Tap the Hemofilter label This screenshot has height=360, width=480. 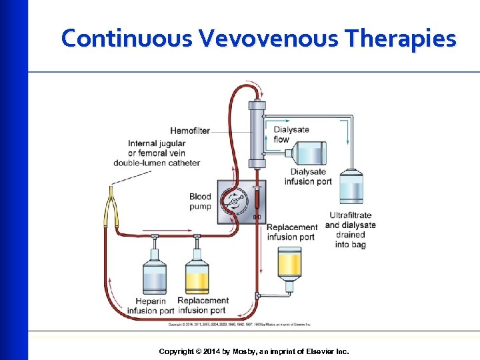point(189,131)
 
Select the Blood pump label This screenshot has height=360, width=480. point(200,201)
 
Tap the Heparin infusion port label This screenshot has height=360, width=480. point(151,306)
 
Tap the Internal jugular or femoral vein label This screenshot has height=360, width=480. point(157,153)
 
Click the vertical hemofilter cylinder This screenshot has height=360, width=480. point(257,134)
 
